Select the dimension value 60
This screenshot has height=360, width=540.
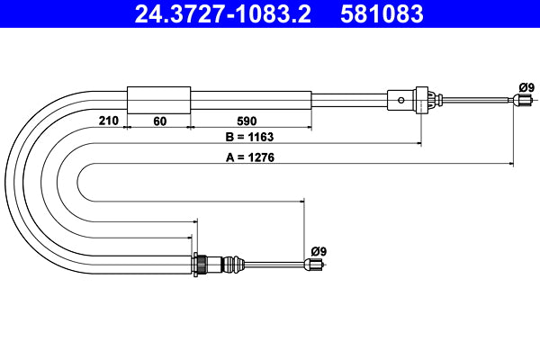click(159, 119)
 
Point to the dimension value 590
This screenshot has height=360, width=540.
click(250, 119)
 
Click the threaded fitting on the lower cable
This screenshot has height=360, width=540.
click(216, 265)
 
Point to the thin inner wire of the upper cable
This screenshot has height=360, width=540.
click(477, 101)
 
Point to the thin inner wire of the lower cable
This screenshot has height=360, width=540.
click(274, 265)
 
